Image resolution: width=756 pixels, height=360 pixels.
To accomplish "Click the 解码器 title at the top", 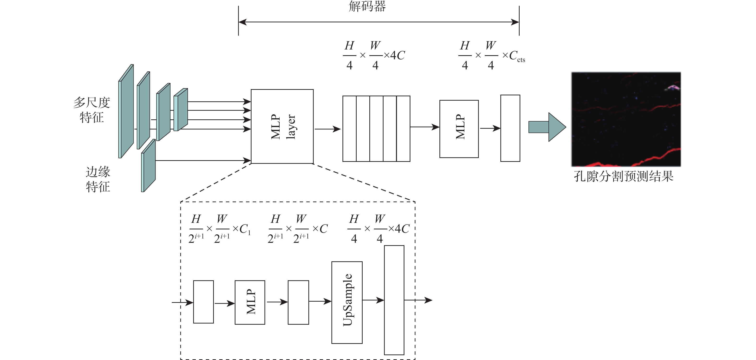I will coord(367,6).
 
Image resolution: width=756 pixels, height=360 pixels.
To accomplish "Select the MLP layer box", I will coord(282,126).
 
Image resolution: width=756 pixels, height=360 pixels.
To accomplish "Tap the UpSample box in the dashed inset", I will coord(347,302).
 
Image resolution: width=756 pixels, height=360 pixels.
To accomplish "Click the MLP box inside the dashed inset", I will coord(250,302).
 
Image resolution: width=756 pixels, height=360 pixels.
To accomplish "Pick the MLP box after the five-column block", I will coord(459,129).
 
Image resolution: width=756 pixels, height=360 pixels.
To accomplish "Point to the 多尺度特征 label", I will coord(92,110).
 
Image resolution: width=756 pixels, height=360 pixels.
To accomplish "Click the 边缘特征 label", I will coord(98,179).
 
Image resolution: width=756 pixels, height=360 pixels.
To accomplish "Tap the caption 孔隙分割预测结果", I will coord(623,176).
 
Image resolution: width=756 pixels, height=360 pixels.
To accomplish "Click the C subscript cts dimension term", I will coord(516,56).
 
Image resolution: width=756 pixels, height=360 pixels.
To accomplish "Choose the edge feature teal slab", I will coord(149,166).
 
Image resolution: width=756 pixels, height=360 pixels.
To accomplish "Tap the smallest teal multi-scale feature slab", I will coord(181,109).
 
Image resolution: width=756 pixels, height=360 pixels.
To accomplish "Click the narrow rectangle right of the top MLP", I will coord(510,128).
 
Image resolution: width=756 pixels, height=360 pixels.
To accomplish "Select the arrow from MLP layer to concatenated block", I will coord(327,129).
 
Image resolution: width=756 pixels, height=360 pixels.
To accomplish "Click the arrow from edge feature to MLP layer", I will coord(203,160).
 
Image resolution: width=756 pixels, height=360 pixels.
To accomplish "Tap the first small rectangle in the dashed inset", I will coord(203,302).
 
